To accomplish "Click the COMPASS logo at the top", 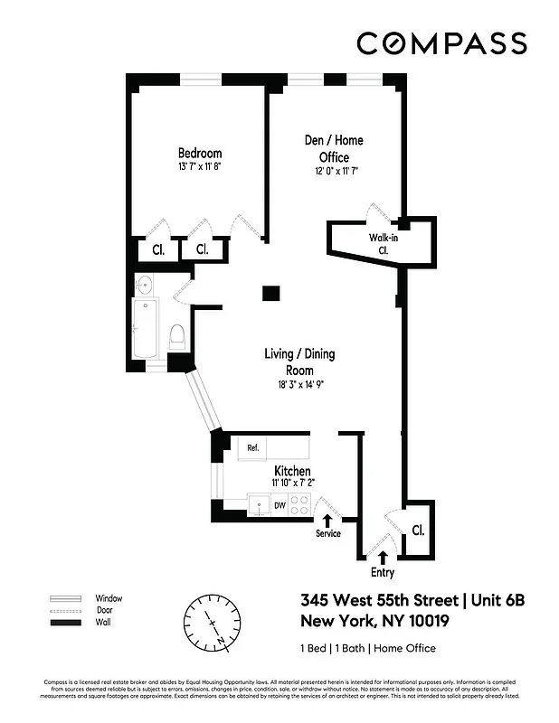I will coord(441,42).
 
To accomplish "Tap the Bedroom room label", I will coord(199,154).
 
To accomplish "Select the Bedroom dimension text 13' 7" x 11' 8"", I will coord(199,167).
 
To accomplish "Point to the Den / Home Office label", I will coord(325,148).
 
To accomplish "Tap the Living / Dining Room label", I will coord(299,361).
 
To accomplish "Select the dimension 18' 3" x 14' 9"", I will coord(299,384).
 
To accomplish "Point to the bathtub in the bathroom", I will coord(144,331).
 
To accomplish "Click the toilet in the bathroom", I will coord(177,338).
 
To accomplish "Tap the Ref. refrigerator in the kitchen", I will coord(253,446).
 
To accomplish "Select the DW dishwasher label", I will coord(280,506).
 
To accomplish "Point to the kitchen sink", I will coord(259,506).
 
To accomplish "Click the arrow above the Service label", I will coord(327,519).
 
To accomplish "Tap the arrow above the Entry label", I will coord(383,557).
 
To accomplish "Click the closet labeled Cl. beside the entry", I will coord(418,530).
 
